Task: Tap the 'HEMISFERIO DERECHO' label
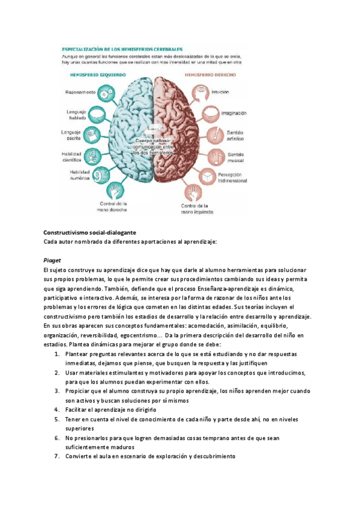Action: (x=210, y=76)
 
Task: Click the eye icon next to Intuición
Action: (x=203, y=91)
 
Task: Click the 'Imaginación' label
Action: (x=236, y=112)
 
